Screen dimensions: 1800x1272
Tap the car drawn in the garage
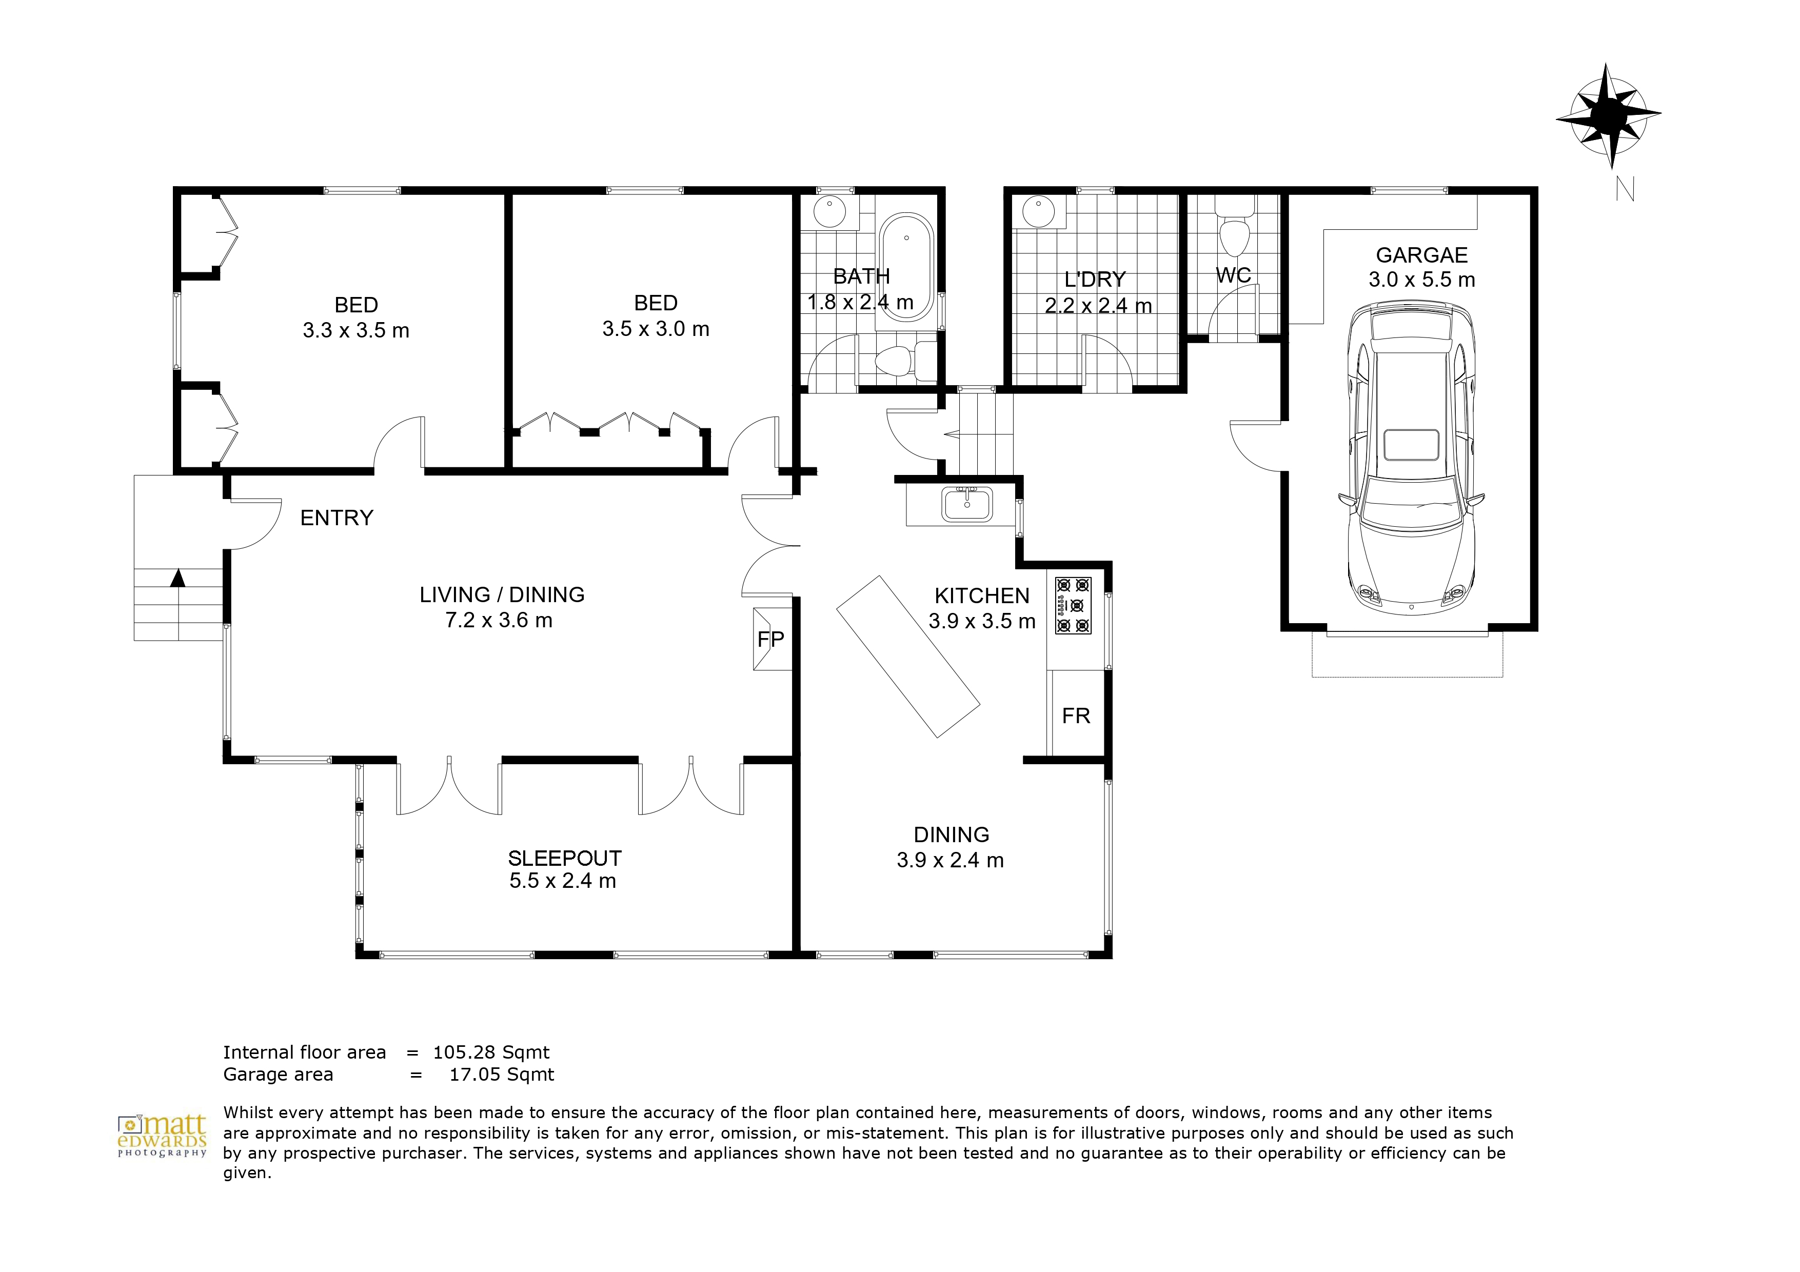coord(1411,455)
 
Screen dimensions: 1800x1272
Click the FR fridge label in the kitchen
coord(1076,715)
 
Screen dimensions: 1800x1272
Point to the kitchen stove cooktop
coord(1073,605)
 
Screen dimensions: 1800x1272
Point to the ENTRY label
coord(337,518)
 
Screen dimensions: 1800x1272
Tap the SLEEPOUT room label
coord(564,858)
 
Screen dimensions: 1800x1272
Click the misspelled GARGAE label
coord(1421,255)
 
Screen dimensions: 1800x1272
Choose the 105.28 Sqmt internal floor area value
coord(491,1052)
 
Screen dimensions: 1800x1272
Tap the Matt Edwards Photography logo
coord(162,1136)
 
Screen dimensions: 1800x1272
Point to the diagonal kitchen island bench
coord(908,656)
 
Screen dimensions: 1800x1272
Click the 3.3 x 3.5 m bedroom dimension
coord(356,330)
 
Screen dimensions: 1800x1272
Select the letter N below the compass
coord(1625,188)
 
